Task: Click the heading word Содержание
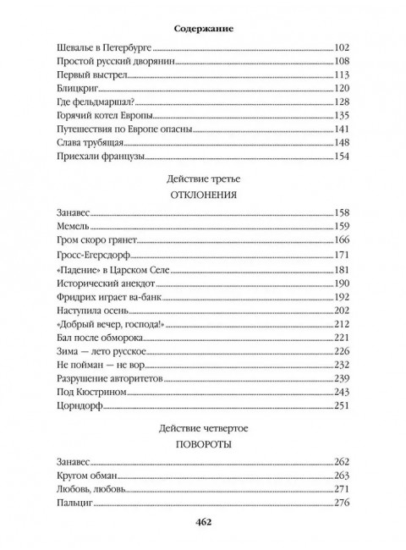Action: pos(203,28)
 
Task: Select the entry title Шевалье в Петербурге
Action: pos(99,48)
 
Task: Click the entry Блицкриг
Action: pos(73,89)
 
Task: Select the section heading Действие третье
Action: pos(203,179)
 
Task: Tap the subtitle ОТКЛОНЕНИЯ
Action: pos(203,196)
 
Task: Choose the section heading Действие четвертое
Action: pos(203,432)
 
